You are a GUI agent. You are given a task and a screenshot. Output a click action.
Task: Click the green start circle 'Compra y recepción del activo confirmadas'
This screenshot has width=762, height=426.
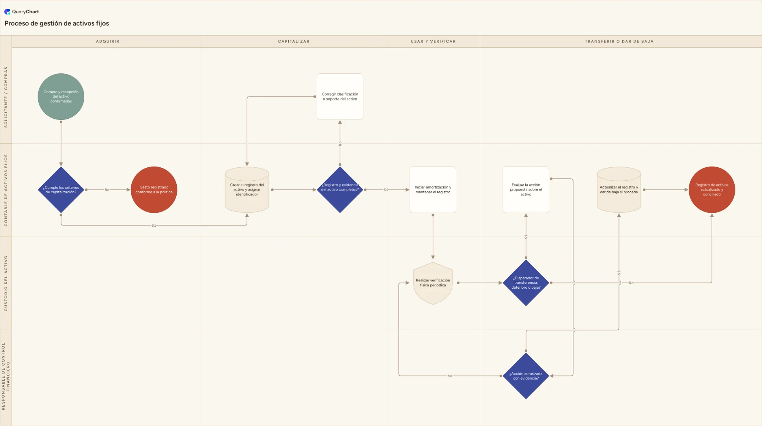coord(61,97)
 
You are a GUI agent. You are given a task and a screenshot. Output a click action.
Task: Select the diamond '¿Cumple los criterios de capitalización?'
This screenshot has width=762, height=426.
coord(61,190)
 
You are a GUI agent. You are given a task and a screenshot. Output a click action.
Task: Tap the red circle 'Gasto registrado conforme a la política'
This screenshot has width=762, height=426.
coord(154,190)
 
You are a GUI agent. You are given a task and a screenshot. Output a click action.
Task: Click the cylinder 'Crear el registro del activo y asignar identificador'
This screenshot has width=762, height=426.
coord(247,190)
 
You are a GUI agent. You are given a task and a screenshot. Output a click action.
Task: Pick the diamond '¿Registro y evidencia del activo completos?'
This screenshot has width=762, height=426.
coord(340,190)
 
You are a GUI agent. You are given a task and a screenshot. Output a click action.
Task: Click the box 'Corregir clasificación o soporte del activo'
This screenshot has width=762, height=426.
coord(340,97)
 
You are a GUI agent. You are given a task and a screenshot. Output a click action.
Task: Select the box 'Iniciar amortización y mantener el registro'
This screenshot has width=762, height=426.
coord(433,190)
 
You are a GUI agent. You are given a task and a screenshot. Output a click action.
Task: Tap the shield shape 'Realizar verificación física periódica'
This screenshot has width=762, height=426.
coord(433,283)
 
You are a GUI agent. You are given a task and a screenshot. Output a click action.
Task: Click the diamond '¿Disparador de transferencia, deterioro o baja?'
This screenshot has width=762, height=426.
coord(526,283)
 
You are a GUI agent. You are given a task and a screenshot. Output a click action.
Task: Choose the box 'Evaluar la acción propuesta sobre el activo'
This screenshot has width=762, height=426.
coord(526,190)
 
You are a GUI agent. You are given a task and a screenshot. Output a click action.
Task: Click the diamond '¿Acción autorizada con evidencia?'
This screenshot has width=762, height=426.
coord(526,376)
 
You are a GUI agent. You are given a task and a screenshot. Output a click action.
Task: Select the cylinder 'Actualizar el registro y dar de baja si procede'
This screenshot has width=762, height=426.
coord(619,190)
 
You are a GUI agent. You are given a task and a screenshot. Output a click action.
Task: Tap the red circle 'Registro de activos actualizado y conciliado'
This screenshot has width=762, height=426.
coord(712,190)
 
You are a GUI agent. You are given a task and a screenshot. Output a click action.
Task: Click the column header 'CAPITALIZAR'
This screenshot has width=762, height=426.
coord(294,41)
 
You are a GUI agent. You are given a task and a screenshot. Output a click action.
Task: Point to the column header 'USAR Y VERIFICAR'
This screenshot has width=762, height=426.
coord(433,41)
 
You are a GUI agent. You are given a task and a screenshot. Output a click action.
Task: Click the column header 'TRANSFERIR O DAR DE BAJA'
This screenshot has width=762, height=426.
coord(619,41)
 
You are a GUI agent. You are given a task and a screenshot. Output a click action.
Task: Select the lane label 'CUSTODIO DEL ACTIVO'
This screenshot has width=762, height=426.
coord(6,283)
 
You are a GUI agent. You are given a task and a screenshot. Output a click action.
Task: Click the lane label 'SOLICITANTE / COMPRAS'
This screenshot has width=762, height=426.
coord(6,97)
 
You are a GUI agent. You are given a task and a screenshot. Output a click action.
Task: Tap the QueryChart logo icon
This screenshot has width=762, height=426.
coord(7,12)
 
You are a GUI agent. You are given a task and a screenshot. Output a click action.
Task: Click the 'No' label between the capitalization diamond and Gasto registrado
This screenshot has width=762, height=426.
coord(107,190)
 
